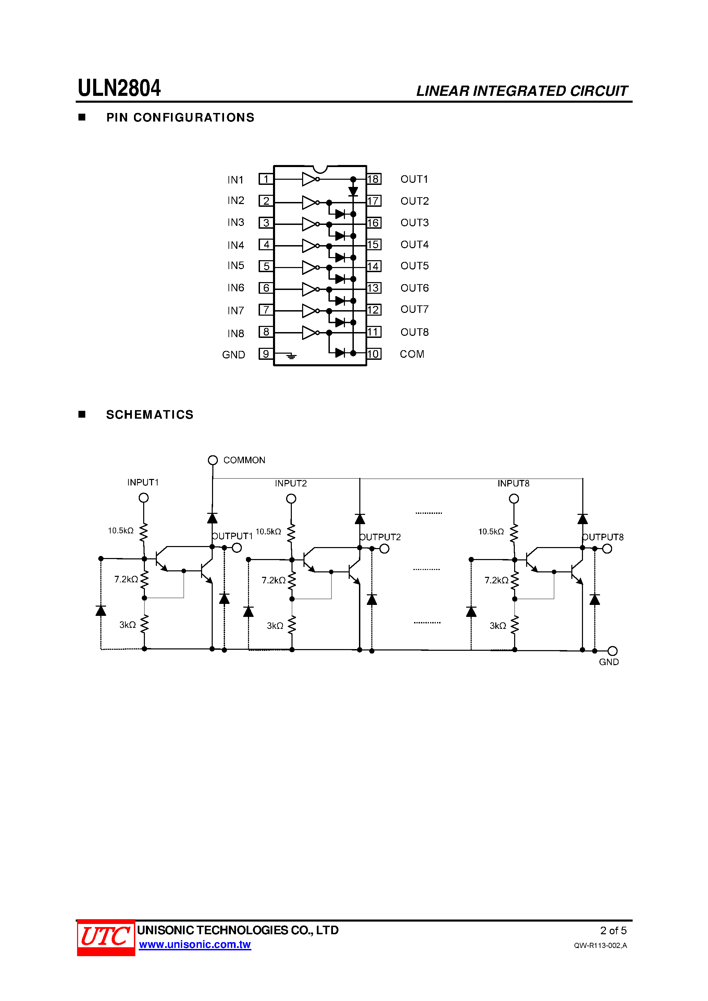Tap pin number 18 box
pos(373,179)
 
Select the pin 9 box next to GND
pos(266,354)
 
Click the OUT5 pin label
pos(414,266)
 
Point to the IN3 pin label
pos(236,222)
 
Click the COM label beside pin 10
pos(412,354)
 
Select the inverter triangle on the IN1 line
pos(309,179)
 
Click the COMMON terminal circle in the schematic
pos(212,460)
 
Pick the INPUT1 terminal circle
pos(144,497)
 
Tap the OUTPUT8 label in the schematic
pos(603,537)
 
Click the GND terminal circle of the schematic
pos(612,651)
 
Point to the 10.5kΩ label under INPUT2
pos(268,531)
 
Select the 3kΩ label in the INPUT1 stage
pos(127,625)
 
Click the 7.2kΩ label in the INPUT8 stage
pos(496,580)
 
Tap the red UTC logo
pos(105,937)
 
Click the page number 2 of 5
pos(613,931)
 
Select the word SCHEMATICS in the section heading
pos(150,415)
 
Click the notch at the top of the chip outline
pos(320,169)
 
